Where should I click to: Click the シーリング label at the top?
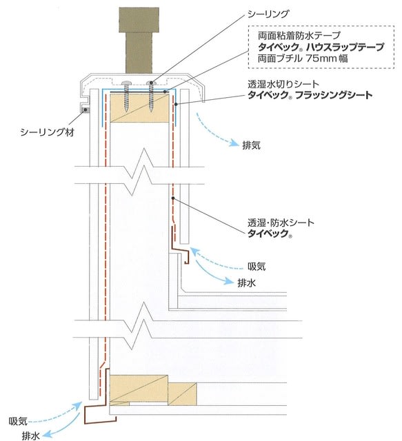[268, 14]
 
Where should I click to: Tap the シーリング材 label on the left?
[48, 132]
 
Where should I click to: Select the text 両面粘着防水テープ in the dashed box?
[299, 35]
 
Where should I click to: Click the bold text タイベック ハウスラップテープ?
[321, 47]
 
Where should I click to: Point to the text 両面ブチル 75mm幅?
[303, 58]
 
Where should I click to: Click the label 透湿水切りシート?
[283, 84]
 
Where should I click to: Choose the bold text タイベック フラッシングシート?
[310, 95]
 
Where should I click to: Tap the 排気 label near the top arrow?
[252, 145]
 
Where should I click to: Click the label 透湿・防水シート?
[281, 223]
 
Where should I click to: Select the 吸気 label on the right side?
[257, 267]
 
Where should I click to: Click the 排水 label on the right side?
[247, 283]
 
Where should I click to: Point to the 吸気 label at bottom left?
[18, 421]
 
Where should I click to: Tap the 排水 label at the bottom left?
[31, 435]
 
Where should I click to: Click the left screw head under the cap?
[125, 83]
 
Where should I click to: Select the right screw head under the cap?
[151, 83]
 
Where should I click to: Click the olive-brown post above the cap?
[139, 41]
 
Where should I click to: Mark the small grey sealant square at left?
[86, 110]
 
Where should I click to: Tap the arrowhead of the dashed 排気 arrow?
[234, 143]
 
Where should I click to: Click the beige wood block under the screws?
[139, 108]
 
